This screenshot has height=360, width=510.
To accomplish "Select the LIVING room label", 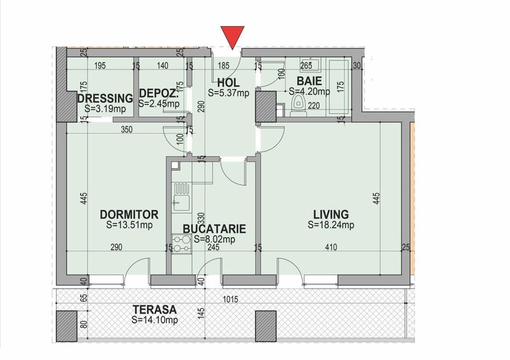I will pyautogui.click(x=331, y=213).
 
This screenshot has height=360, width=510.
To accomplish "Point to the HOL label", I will pyautogui.click(x=228, y=82).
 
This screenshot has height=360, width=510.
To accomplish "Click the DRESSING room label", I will pyautogui.click(x=105, y=99).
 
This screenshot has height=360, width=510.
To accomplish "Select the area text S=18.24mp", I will pyautogui.click(x=331, y=224).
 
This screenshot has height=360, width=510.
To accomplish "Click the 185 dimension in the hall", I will pyautogui.click(x=223, y=66).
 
